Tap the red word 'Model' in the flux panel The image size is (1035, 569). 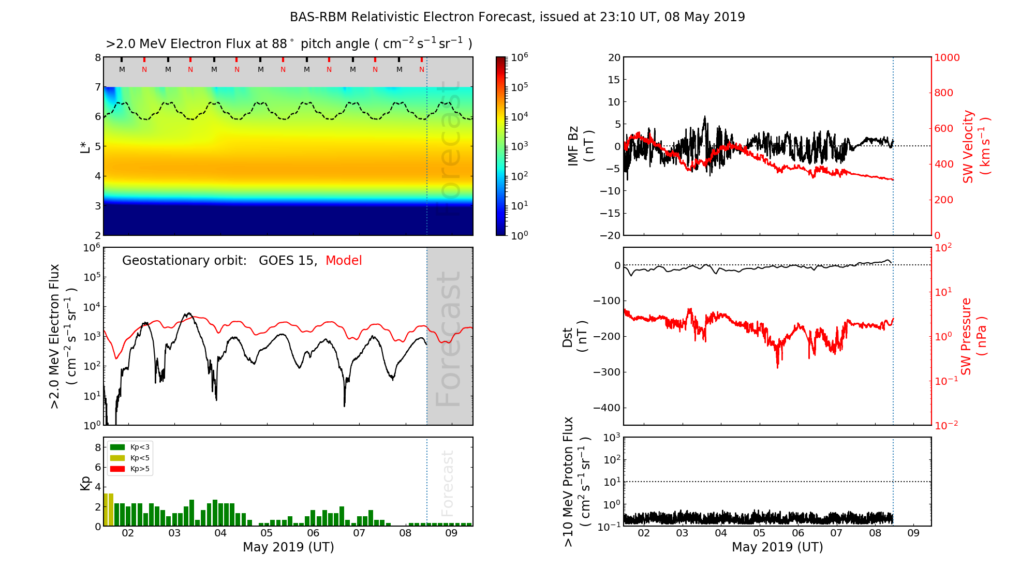(x=344, y=261)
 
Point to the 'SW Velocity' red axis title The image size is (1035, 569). (x=968, y=146)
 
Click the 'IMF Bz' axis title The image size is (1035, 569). (x=573, y=146)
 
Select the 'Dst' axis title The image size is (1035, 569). (x=568, y=337)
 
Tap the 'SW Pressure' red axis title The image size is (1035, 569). (x=966, y=337)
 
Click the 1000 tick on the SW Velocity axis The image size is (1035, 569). (x=947, y=58)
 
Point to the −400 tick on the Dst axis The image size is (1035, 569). (x=607, y=408)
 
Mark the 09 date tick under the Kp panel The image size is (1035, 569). (x=451, y=534)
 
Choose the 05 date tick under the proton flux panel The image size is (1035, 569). (x=759, y=534)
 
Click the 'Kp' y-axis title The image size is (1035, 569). (x=85, y=483)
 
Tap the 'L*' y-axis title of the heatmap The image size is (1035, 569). (x=85, y=146)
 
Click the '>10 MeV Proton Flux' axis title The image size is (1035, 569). (x=568, y=482)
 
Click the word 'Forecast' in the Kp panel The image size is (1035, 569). (x=448, y=483)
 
